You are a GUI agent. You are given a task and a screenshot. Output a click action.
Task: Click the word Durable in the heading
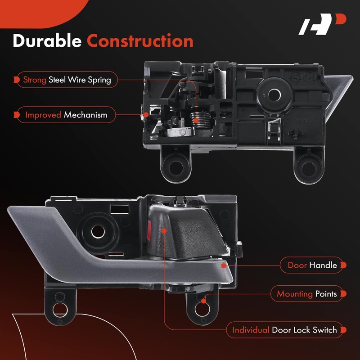(x=47, y=41)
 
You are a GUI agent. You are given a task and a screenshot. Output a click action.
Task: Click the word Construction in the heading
(x=140, y=41)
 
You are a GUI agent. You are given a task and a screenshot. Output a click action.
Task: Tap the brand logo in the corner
(x=322, y=24)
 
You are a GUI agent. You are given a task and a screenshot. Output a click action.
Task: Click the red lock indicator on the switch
(x=149, y=230)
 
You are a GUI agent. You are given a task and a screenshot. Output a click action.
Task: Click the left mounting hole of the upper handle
(x=176, y=167)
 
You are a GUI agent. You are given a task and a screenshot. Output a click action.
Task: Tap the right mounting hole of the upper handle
(x=308, y=169)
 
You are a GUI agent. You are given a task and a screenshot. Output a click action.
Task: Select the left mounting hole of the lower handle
(x=60, y=310)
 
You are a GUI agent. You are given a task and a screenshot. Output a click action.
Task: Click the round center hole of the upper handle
(x=274, y=94)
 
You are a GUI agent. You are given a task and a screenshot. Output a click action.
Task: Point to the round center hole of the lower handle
(x=98, y=232)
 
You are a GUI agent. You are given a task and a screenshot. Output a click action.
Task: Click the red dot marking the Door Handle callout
(x=224, y=265)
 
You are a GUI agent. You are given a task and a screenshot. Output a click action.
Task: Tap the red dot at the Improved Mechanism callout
(x=146, y=115)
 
